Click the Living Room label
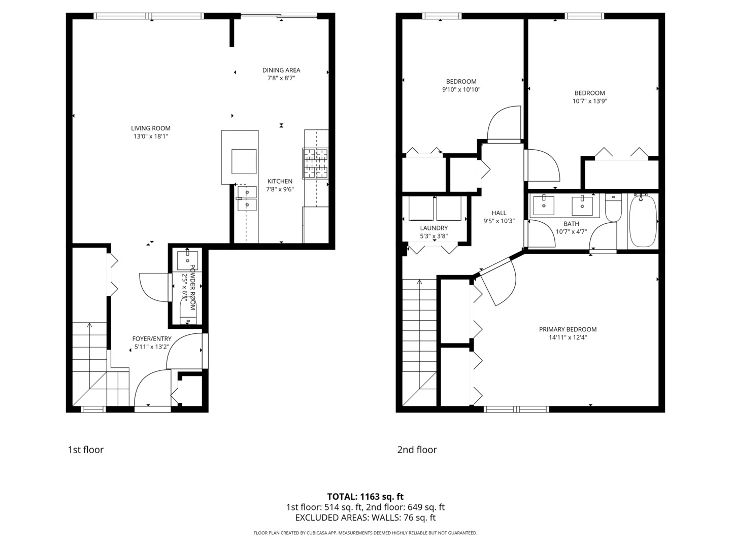[x=151, y=128]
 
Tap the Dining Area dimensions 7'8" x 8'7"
[x=281, y=78]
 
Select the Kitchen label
[x=280, y=181]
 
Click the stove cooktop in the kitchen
[x=315, y=163]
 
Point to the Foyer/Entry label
[x=152, y=339]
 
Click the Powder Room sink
[x=187, y=260]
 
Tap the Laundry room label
[x=434, y=228]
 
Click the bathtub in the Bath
[x=642, y=221]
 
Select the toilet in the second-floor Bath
[x=613, y=208]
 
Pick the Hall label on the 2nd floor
[x=499, y=213]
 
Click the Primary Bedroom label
[x=568, y=329]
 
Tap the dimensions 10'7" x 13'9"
[x=590, y=101]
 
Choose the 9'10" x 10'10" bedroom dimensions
[x=461, y=89]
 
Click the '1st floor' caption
[x=86, y=450]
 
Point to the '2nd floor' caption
[x=417, y=450]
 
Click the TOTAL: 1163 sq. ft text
[x=365, y=497]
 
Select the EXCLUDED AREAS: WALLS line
[x=365, y=518]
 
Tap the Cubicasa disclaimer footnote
[x=365, y=533]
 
